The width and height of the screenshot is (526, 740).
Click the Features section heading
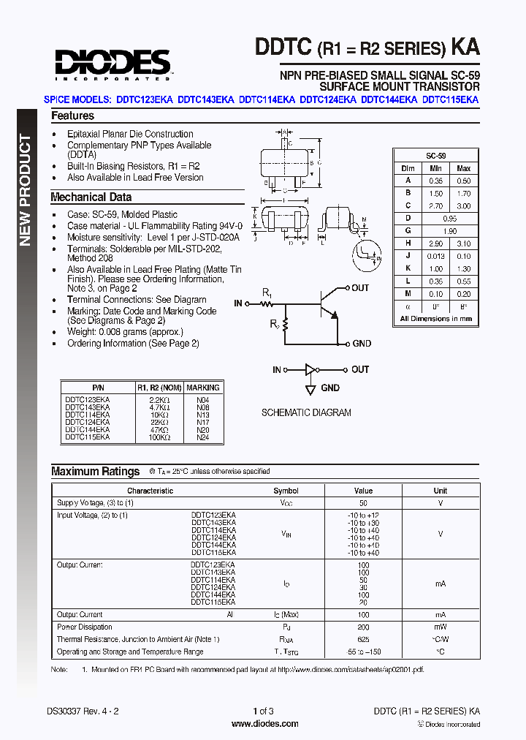72,116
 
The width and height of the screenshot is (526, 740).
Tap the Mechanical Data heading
91,197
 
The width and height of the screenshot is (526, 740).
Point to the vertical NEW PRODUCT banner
25,190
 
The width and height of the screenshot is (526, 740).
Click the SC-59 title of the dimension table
436,156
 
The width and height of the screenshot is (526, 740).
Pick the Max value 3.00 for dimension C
463,206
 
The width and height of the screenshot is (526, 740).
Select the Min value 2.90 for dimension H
435,243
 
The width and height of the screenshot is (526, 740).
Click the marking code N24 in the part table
202,437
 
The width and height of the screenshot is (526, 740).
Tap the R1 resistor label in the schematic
267,293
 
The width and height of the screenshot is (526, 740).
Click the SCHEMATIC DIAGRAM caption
306,412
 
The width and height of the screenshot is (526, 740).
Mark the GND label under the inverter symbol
330,388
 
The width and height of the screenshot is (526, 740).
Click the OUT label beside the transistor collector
360,288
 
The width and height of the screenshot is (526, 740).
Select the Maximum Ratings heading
95,472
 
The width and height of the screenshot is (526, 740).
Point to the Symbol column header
286,491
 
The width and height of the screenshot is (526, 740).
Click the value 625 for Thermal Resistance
363,639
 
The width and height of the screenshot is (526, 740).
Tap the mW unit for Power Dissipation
441,627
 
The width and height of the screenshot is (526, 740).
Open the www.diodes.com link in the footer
264,724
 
